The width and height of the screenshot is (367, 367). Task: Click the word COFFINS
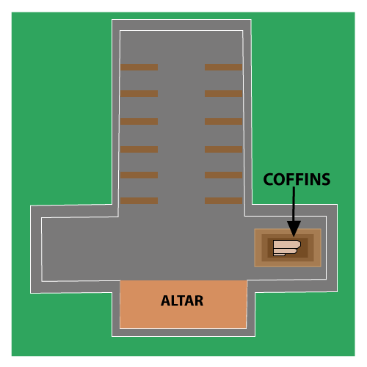pyautogui.click(x=297, y=179)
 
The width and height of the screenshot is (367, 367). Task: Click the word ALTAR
pyautogui.click(x=182, y=301)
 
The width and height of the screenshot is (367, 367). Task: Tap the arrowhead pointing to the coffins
pyautogui.click(x=294, y=229)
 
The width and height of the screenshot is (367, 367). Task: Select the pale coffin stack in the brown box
pyautogui.click(x=287, y=248)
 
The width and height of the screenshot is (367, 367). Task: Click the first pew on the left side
pyautogui.click(x=139, y=67)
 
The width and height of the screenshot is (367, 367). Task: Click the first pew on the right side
pyautogui.click(x=224, y=67)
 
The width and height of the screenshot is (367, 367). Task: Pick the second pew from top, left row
pyautogui.click(x=139, y=93)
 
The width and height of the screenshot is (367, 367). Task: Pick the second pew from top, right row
pyautogui.click(x=224, y=93)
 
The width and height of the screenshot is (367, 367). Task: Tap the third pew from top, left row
pyautogui.click(x=139, y=121)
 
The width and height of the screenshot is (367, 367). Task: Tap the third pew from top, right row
pyautogui.click(x=224, y=121)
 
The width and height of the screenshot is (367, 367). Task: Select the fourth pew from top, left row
pyautogui.click(x=139, y=149)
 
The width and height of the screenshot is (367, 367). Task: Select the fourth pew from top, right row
pyautogui.click(x=224, y=149)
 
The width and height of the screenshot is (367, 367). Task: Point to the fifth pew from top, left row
pyautogui.click(x=139, y=175)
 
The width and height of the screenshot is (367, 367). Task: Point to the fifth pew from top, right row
pyautogui.click(x=224, y=175)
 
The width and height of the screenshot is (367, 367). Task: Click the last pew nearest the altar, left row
pyautogui.click(x=139, y=200)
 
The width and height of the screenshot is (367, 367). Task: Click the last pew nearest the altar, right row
pyautogui.click(x=224, y=200)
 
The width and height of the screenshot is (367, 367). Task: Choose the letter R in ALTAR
pyautogui.click(x=199, y=301)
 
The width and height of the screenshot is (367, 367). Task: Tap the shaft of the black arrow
pyautogui.click(x=294, y=204)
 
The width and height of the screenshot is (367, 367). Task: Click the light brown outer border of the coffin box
pyautogui.click(x=288, y=231)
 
